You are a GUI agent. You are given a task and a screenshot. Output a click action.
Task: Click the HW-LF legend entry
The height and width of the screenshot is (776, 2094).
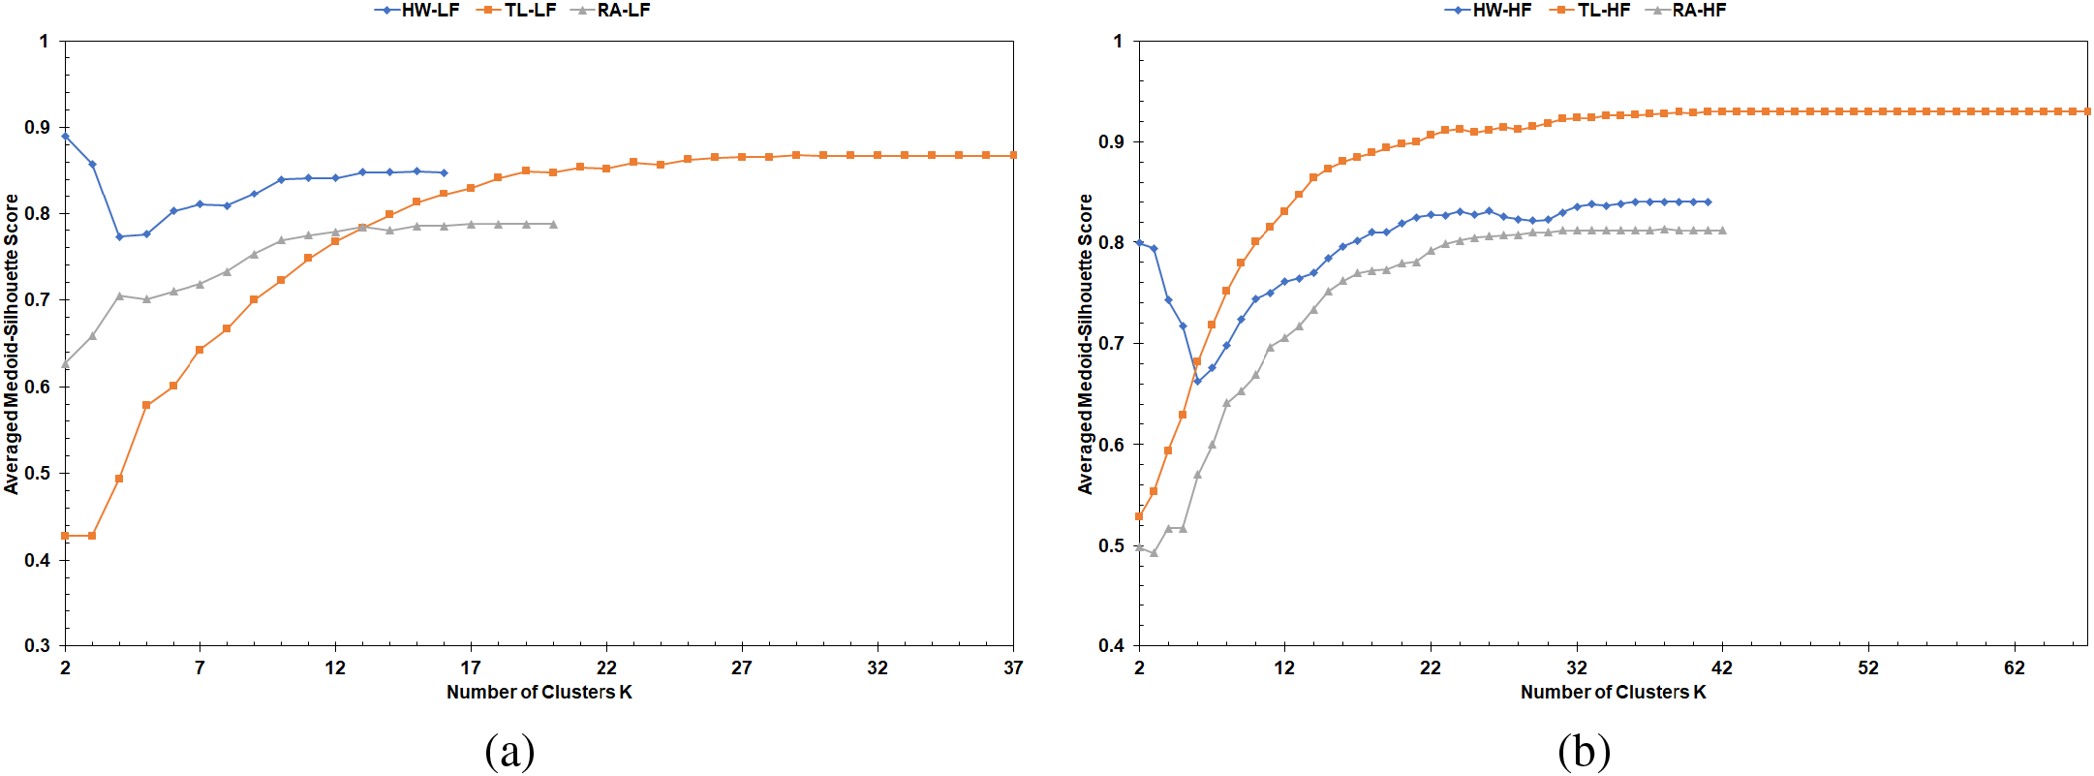(x=417, y=11)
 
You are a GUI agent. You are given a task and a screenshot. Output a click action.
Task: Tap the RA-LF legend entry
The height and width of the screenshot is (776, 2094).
(x=611, y=11)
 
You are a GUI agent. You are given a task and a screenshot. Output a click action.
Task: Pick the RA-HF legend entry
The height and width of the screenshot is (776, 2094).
(x=1686, y=11)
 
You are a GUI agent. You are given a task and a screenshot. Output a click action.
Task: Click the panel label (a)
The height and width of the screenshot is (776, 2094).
(x=509, y=751)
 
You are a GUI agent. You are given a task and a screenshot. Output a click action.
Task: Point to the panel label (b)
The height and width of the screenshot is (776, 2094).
(x=1585, y=751)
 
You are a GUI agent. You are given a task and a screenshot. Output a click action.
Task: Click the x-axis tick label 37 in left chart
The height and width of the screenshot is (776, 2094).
(x=1013, y=667)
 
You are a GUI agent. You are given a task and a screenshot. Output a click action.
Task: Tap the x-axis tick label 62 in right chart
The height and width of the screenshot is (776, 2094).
(x=2015, y=667)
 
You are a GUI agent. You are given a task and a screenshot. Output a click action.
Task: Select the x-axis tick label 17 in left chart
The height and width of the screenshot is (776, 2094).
(x=471, y=667)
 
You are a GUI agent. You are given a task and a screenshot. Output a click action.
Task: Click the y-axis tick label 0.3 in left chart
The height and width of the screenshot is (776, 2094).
(x=38, y=646)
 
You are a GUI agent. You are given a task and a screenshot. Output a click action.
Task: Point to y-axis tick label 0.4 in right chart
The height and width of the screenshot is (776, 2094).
(x=1112, y=646)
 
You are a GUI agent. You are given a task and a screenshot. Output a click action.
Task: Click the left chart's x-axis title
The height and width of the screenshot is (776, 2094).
(x=539, y=692)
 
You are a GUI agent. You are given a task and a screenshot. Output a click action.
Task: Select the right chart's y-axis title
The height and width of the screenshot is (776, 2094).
(x=1086, y=344)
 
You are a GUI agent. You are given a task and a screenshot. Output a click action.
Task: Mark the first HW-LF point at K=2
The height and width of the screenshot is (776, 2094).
(x=65, y=136)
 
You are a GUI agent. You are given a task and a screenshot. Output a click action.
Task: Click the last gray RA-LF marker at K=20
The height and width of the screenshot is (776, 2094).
(x=553, y=224)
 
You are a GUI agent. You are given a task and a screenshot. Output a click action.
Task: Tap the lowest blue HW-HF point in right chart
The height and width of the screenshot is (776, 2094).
(x=1197, y=381)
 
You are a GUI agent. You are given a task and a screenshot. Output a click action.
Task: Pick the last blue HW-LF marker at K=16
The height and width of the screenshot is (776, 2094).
(x=444, y=172)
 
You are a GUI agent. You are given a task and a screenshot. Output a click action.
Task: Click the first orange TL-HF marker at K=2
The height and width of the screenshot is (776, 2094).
(x=1139, y=516)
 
